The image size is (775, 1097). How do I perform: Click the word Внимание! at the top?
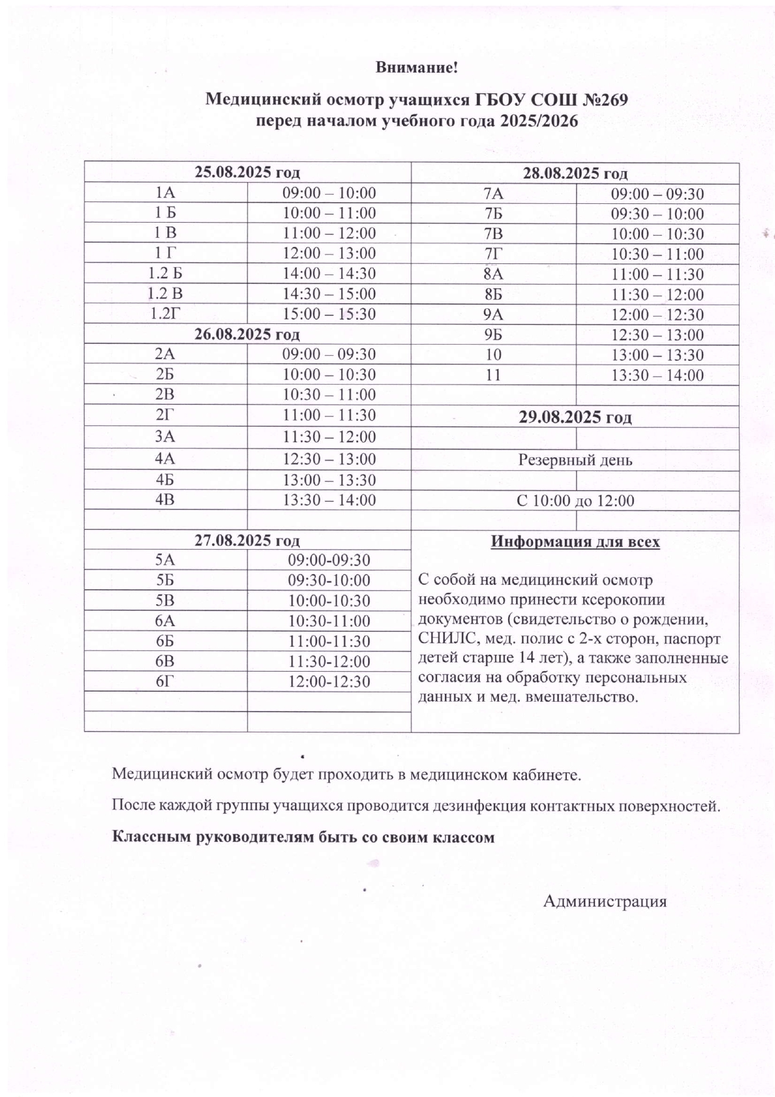click(417, 68)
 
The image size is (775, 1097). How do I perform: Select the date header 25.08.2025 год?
click(247, 173)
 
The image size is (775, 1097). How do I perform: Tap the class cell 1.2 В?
click(165, 294)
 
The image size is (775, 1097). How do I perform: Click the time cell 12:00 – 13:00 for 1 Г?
click(329, 253)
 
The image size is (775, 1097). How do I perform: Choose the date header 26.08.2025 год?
click(247, 334)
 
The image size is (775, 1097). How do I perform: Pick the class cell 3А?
click(165, 437)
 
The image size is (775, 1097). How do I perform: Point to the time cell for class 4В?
click(329, 500)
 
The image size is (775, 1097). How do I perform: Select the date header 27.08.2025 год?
click(247, 540)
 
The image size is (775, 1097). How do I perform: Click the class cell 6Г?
click(165, 682)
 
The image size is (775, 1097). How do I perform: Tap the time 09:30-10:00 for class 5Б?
click(329, 580)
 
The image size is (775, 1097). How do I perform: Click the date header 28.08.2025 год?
click(575, 173)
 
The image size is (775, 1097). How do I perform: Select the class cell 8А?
click(493, 275)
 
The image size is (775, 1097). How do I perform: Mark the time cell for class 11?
click(657, 376)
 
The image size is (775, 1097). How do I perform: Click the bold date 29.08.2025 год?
click(575, 417)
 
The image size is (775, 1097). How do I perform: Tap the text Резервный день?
click(575, 461)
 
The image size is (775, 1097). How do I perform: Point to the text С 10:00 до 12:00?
click(575, 501)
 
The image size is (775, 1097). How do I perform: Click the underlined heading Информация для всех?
click(575, 542)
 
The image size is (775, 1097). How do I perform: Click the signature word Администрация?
click(604, 901)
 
